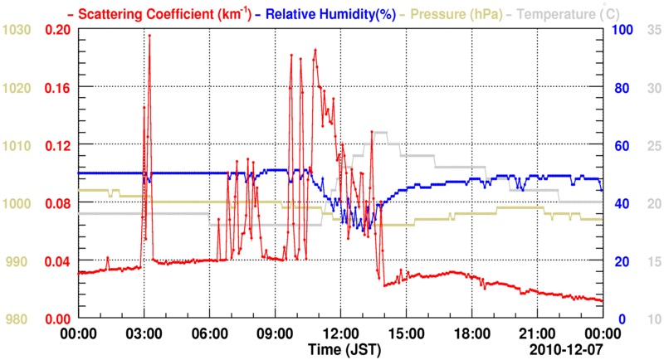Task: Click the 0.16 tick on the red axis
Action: coord(56,87)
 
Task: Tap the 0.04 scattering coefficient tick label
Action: coord(56,261)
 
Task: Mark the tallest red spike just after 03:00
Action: coord(149,36)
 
